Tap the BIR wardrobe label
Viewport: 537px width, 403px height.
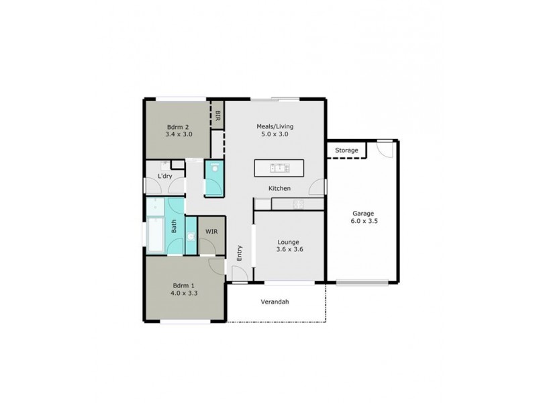pyautogui.click(x=217, y=116)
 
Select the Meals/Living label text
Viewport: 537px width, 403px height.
pyautogui.click(x=275, y=126)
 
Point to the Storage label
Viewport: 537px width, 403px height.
pyautogui.click(x=346, y=150)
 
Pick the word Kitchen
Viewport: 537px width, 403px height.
pyautogui.click(x=279, y=189)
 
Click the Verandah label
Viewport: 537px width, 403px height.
pyautogui.click(x=275, y=302)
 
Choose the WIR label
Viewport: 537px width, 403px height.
pyautogui.click(x=211, y=232)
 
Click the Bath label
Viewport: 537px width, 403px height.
pyautogui.click(x=174, y=228)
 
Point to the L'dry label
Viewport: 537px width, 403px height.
pyautogui.click(x=164, y=176)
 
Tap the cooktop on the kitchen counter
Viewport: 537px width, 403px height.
pyautogui.click(x=298, y=204)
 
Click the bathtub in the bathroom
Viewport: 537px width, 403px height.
pyautogui.click(x=155, y=234)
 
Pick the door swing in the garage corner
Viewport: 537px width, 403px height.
pyautogui.click(x=385, y=148)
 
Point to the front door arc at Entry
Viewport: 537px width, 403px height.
pyautogui.click(x=238, y=272)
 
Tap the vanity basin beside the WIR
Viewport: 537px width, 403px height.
pyautogui.click(x=191, y=236)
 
